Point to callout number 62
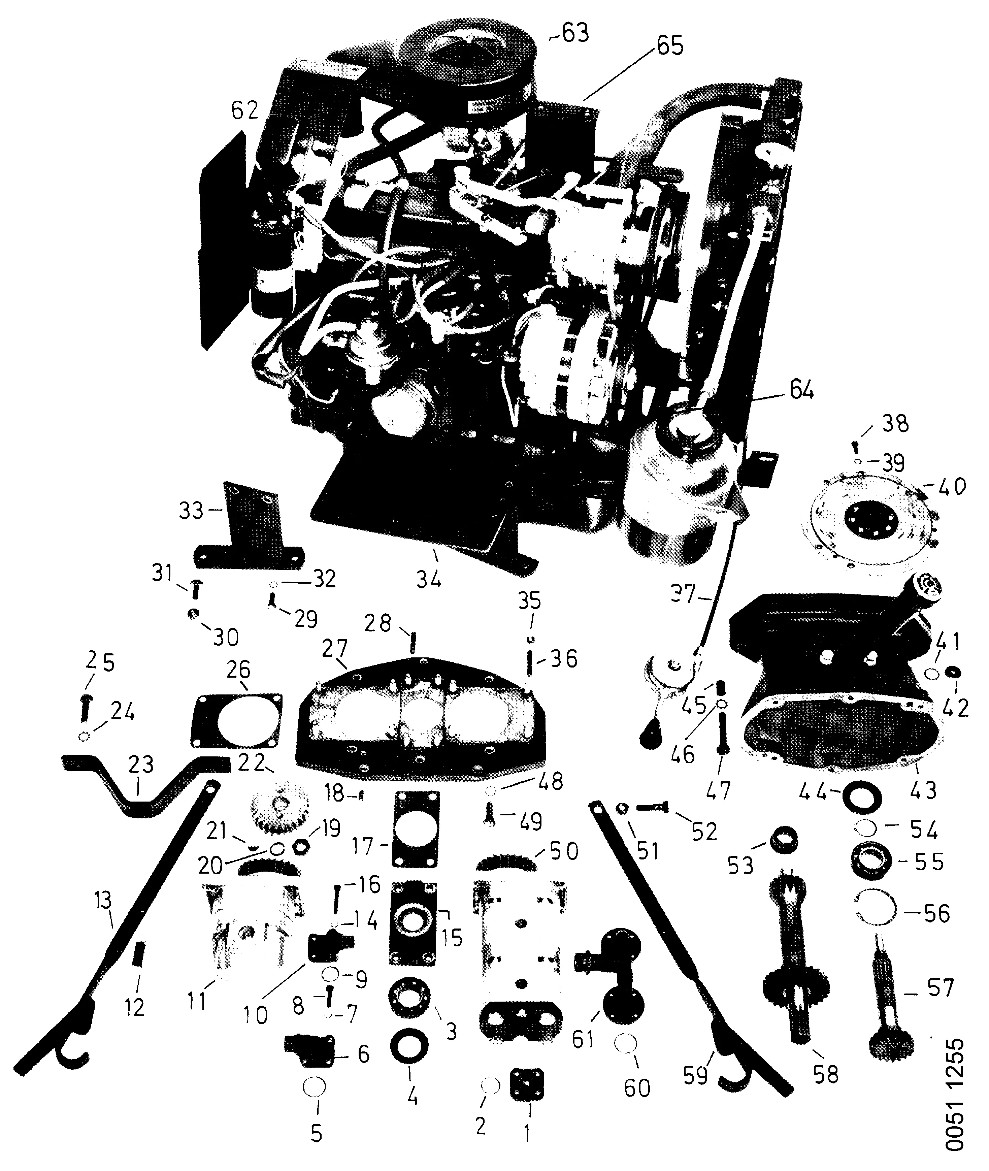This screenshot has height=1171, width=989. (x=245, y=110)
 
